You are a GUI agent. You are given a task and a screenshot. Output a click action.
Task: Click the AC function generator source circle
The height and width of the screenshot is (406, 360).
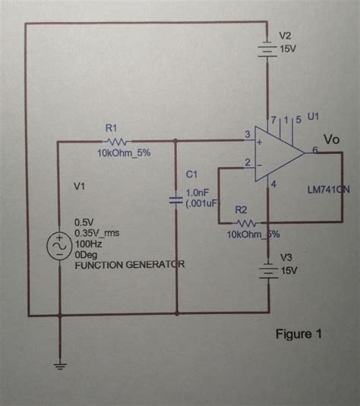(x=58, y=247)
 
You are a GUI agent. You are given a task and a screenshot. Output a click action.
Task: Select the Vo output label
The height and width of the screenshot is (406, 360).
(x=331, y=140)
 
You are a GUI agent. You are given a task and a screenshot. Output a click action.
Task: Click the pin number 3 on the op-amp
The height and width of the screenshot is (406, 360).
(x=246, y=135)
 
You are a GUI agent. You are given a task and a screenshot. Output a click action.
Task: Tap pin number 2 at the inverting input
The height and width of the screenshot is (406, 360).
(x=246, y=162)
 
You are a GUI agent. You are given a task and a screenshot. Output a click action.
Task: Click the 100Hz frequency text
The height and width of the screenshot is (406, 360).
(x=89, y=244)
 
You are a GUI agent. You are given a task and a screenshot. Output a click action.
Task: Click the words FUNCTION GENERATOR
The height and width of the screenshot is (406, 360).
(x=129, y=265)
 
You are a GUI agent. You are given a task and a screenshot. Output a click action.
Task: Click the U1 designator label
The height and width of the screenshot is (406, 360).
(x=314, y=117)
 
